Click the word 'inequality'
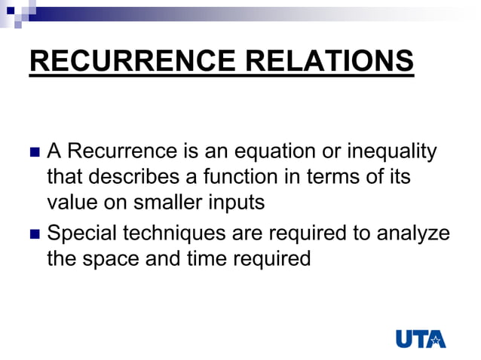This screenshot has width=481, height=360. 391,152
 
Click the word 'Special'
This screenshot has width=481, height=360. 81,233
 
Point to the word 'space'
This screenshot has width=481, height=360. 107,259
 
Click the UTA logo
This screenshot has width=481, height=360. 421,337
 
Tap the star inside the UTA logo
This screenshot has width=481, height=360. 435,339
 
